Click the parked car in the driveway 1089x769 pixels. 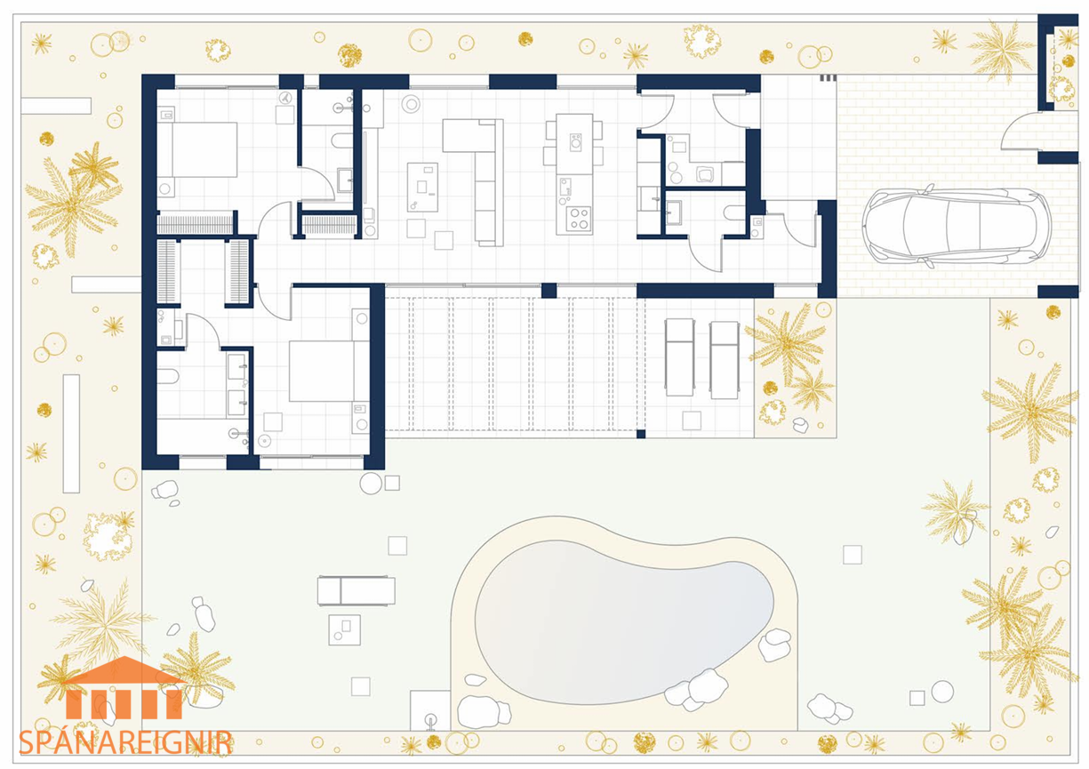pyautogui.click(x=957, y=227)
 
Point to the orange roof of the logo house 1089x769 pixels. pyautogui.click(x=124, y=671)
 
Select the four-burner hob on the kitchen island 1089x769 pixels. pyautogui.click(x=579, y=219)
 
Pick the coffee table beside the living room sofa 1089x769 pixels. pyautogui.click(x=422, y=188)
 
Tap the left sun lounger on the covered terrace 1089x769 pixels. pyautogui.click(x=679, y=357)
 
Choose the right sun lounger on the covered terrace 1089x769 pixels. pyautogui.click(x=725, y=360)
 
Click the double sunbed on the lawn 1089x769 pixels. pyautogui.click(x=356, y=590)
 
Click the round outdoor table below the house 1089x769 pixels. pyautogui.click(x=371, y=484)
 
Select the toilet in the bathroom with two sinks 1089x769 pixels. pyautogui.click(x=167, y=376)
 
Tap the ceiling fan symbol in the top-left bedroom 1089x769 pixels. pyautogui.click(x=285, y=98)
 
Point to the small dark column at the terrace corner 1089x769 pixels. pyautogui.click(x=641, y=434)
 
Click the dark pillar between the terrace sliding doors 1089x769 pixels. pyautogui.click(x=549, y=290)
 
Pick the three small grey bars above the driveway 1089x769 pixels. pyautogui.click(x=828, y=77)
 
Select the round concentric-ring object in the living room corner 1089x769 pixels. pyautogui.click(x=411, y=103)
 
